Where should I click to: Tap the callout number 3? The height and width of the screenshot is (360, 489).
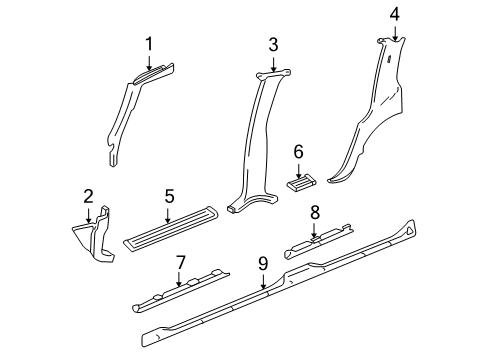(273, 44)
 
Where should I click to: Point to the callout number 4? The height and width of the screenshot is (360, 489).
(394, 13)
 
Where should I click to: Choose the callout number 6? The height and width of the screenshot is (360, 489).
(297, 151)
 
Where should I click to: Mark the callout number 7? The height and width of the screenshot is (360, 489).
(180, 262)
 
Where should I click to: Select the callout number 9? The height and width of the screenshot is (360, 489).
(262, 264)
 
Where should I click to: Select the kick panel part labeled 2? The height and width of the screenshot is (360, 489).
(95, 236)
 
